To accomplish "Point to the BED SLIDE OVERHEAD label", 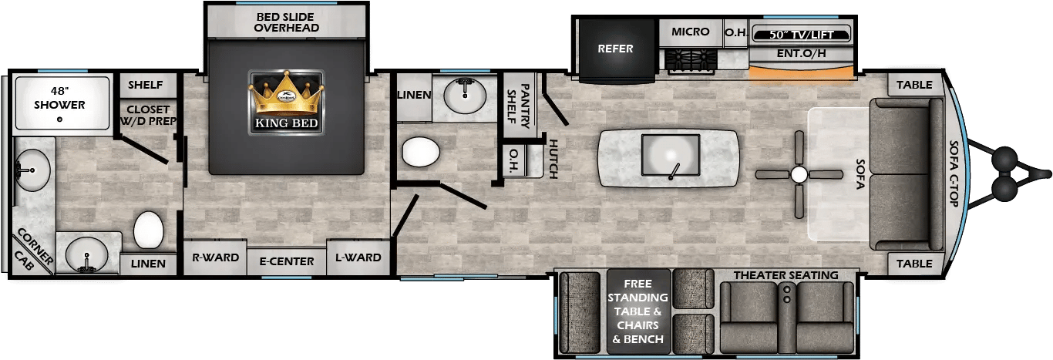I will [x=286, y=22].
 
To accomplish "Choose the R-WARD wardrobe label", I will [x=215, y=257].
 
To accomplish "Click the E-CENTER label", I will [x=286, y=261].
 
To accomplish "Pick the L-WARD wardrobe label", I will [x=358, y=257].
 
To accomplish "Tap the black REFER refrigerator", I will [x=615, y=49].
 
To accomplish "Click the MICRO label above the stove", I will [x=690, y=32].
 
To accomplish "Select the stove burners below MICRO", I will [x=691, y=59].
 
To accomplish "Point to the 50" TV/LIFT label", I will [x=802, y=34].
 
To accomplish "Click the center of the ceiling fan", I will [x=799, y=174].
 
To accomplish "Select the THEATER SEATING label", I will [x=786, y=275].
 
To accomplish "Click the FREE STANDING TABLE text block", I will [x=638, y=311].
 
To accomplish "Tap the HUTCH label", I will [x=553, y=158].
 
